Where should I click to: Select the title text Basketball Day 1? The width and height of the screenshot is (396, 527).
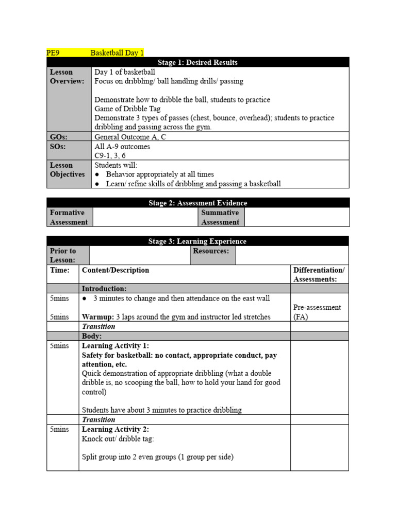pyautogui.click(x=117, y=52)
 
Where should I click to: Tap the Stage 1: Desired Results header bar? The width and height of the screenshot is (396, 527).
pyautogui.click(x=197, y=62)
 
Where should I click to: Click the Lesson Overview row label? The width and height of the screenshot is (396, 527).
pyautogui.click(x=67, y=77)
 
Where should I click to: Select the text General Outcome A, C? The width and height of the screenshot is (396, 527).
pyautogui.click(x=130, y=137)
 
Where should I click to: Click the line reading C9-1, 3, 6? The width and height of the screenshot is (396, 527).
pyautogui.click(x=110, y=155)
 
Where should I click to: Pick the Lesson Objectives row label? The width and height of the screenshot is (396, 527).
pyautogui.click(x=67, y=170)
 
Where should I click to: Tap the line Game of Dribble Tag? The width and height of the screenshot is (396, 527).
pyautogui.click(x=127, y=109)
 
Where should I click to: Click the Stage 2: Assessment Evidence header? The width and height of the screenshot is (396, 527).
pyautogui.click(x=197, y=203)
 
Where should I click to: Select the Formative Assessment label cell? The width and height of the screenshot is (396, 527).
pyautogui.click(x=69, y=217)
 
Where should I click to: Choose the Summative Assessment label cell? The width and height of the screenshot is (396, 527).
pyautogui.click(x=220, y=217)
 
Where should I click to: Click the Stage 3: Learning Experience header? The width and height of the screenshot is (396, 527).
pyautogui.click(x=197, y=241)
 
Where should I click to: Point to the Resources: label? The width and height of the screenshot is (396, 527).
pyautogui.click(x=211, y=251)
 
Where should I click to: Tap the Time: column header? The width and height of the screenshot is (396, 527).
pyautogui.click(x=59, y=270)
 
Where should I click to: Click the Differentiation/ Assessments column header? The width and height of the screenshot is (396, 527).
pyautogui.click(x=319, y=275)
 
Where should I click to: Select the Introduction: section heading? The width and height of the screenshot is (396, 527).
pyautogui.click(x=104, y=289)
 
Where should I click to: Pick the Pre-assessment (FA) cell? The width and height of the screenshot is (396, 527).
pyautogui.click(x=317, y=312)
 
